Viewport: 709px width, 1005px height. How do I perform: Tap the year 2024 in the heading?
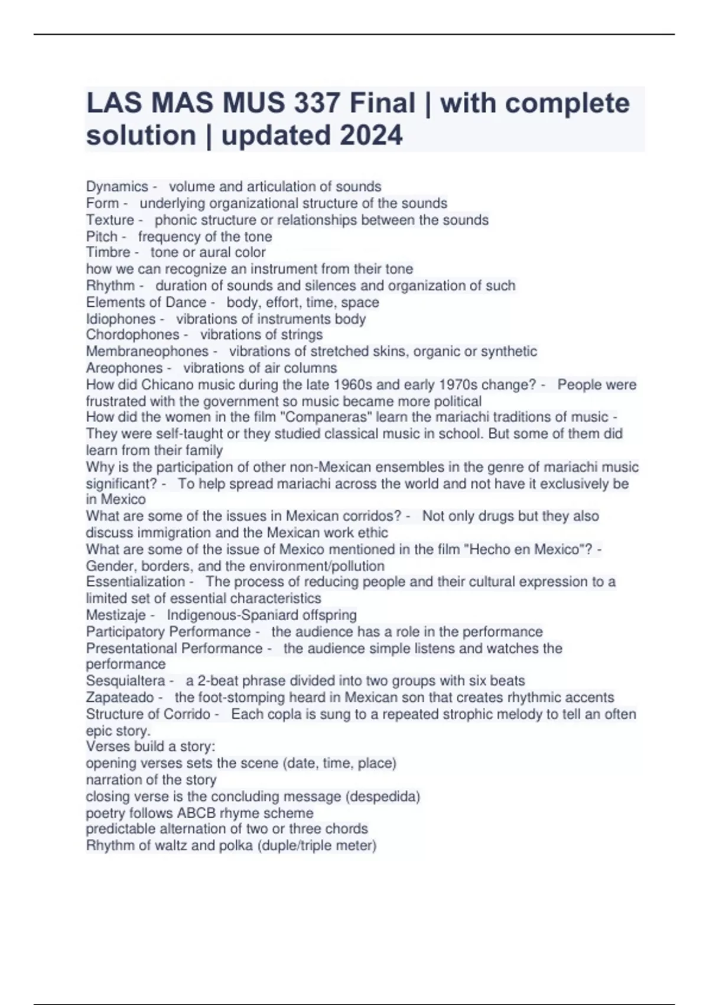(x=371, y=135)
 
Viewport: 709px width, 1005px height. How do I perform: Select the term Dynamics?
(x=117, y=187)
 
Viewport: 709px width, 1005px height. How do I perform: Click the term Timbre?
(x=108, y=252)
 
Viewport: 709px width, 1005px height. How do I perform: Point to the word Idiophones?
(x=121, y=319)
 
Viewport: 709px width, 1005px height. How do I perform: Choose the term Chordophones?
(x=132, y=335)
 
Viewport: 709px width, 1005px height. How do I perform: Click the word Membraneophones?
(x=147, y=351)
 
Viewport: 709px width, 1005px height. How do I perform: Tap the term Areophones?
(x=124, y=368)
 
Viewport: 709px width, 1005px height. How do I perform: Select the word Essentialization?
(x=135, y=582)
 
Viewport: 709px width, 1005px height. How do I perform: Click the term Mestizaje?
(x=116, y=615)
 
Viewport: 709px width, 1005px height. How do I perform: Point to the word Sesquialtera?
(x=125, y=681)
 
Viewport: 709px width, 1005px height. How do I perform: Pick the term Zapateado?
(x=120, y=698)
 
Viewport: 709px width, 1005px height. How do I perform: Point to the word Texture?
(x=110, y=220)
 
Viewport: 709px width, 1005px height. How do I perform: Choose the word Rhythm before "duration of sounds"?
(x=110, y=286)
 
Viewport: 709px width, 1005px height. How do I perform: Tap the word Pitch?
(x=102, y=236)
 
